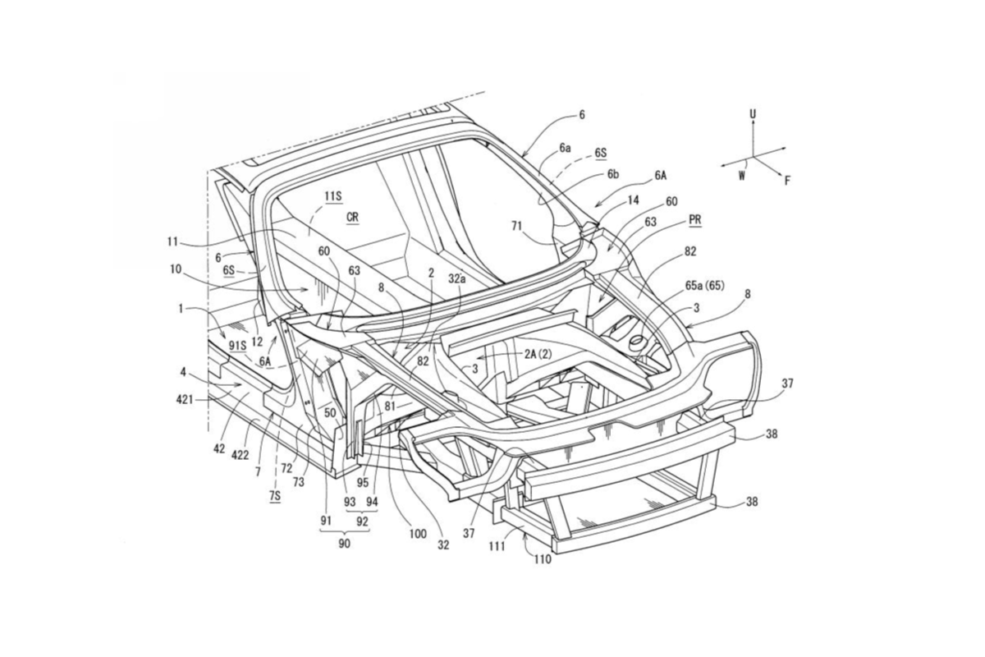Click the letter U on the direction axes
pyautogui.click(x=753, y=114)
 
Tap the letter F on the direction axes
pyautogui.click(x=788, y=180)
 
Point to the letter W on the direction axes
pyautogui.click(x=742, y=176)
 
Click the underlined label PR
pyautogui.click(x=695, y=220)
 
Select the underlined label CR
pyautogui.click(x=352, y=218)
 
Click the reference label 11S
pyautogui.click(x=333, y=196)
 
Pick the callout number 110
pyautogui.click(x=543, y=560)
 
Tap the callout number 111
pyautogui.click(x=497, y=546)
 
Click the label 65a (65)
pyautogui.click(x=705, y=286)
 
